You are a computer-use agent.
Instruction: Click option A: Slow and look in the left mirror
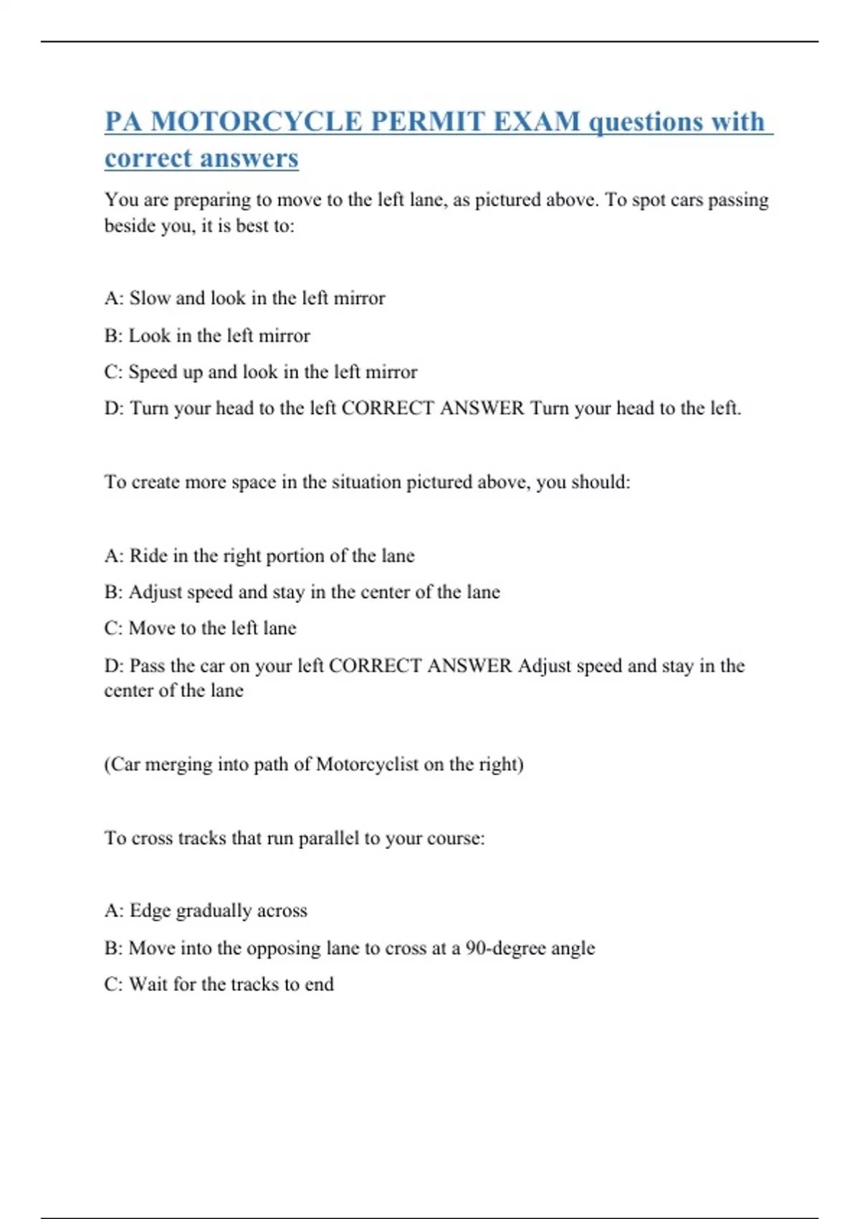point(244,298)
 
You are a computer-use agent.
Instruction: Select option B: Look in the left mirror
point(207,336)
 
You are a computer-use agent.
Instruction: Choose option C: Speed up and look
point(260,372)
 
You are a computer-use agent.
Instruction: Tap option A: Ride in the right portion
point(259,556)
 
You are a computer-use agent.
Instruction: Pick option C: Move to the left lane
point(200,628)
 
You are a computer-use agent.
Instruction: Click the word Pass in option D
point(147,665)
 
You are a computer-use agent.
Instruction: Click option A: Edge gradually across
point(206,911)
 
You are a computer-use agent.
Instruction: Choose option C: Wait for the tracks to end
point(219,985)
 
